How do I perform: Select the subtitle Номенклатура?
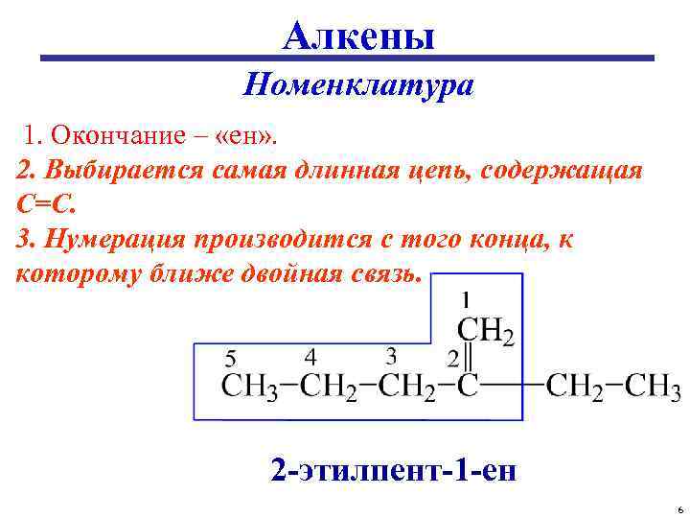point(358,86)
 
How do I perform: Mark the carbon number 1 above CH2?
point(467,299)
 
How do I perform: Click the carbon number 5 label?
point(231,359)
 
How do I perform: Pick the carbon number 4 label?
point(310,357)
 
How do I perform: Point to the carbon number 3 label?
point(391,357)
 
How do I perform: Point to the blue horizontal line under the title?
point(345,60)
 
